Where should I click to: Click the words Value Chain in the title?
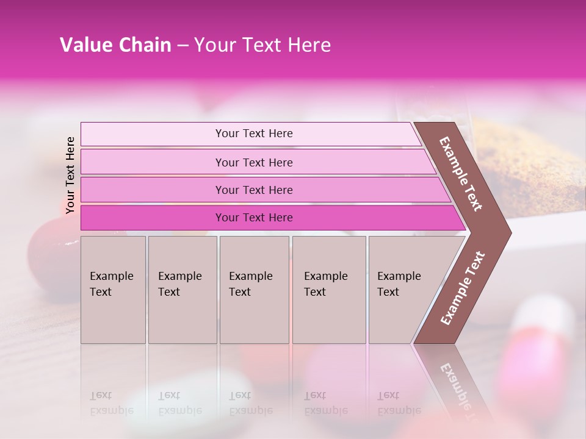pyautogui.click(x=115, y=45)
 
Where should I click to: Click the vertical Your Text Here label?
pyautogui.click(x=70, y=175)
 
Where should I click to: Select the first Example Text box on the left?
pyautogui.click(x=113, y=290)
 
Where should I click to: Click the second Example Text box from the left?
pyautogui.click(x=182, y=290)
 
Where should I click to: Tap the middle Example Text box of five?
pyautogui.click(x=254, y=290)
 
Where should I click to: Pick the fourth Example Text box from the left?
pyautogui.click(x=329, y=290)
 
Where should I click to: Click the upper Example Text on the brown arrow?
pyautogui.click(x=461, y=174)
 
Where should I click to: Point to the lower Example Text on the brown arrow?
pyautogui.click(x=463, y=288)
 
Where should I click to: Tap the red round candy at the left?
pyautogui.click(x=49, y=250)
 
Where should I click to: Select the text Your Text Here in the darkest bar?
pyautogui.click(x=254, y=218)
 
